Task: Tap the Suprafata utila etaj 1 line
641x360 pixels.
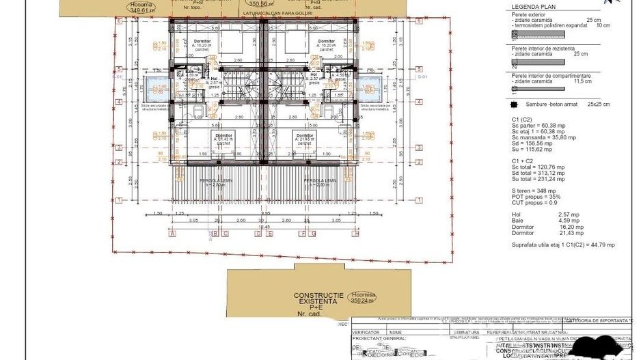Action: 563,245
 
